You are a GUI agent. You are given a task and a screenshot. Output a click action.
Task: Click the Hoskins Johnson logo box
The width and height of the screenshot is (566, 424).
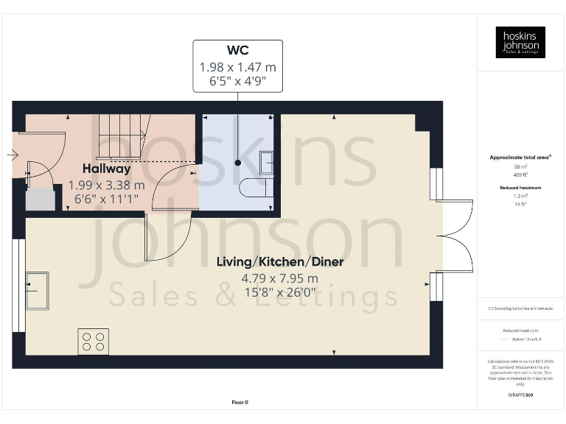pos(520,42)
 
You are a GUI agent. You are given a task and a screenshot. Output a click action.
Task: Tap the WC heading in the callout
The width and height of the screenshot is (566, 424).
pos(237,51)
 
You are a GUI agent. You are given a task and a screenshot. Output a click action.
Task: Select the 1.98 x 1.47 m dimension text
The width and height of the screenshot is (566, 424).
pos(237,67)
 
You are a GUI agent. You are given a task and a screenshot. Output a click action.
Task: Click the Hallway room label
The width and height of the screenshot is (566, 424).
pos(106,169)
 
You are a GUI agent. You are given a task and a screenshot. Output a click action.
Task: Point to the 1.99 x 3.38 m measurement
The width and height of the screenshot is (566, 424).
pos(106,185)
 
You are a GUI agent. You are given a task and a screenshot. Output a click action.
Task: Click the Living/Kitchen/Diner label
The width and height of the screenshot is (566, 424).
pos(279,262)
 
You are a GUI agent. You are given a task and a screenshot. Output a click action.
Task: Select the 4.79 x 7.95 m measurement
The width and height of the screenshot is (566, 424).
pos(279,278)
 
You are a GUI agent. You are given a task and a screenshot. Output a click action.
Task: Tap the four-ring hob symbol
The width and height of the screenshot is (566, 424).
pos(93,342)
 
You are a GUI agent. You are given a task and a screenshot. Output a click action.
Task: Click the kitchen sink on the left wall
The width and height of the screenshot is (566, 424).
pos(37,291)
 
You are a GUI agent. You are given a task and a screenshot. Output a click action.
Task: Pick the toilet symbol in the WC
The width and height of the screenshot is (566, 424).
pos(256,187)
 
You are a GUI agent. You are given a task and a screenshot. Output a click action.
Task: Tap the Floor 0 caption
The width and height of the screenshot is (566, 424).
pos(240,402)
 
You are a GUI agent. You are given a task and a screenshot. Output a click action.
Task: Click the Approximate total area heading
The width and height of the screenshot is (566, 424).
pos(520,158)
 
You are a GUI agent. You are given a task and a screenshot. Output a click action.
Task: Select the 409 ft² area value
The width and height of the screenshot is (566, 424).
pos(520,175)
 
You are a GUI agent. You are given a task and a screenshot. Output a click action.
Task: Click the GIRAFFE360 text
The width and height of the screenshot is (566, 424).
pos(520,396)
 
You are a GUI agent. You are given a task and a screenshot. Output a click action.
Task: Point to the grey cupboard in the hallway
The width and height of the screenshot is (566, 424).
pos(40,200)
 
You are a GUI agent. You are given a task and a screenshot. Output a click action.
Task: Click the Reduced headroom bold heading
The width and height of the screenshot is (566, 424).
pos(520,188)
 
